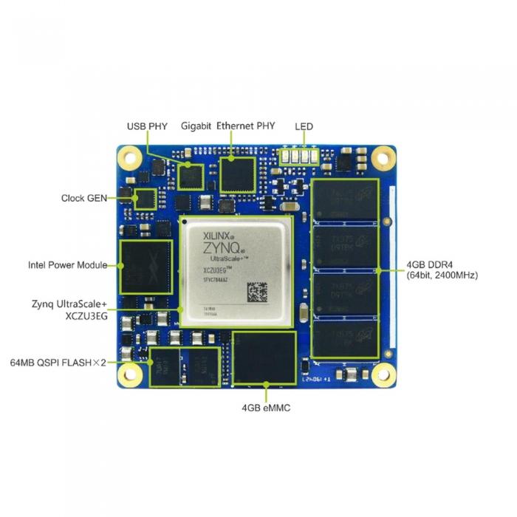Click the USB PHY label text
pyautogui.click(x=148, y=126)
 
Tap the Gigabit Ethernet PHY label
pyautogui.click(x=228, y=126)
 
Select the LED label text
pyautogui.click(x=304, y=126)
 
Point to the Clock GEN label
pyautogui.click(x=84, y=198)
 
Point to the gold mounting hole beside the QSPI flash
pyautogui.click(x=131, y=375)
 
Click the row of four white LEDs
pyautogui.click(x=301, y=157)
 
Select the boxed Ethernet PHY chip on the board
pyautogui.click(x=237, y=173)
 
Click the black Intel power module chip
pyautogui.click(x=146, y=266)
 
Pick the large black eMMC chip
pyautogui.click(x=264, y=358)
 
